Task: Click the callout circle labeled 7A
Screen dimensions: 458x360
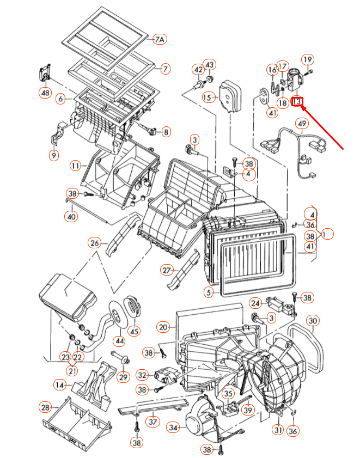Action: tap(159, 40)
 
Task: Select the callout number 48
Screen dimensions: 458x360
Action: tap(46, 93)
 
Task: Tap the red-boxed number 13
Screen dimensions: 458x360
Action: tap(297, 101)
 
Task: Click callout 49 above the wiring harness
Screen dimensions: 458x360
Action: tap(301, 125)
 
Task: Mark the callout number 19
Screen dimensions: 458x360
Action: tap(308, 59)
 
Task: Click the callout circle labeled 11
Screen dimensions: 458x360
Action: tap(76, 165)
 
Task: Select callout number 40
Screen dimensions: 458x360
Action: tap(71, 217)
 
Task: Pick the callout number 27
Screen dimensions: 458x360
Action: tap(167, 270)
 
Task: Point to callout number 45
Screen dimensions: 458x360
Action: tap(133, 331)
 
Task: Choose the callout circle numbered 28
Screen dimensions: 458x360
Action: tap(45, 407)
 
